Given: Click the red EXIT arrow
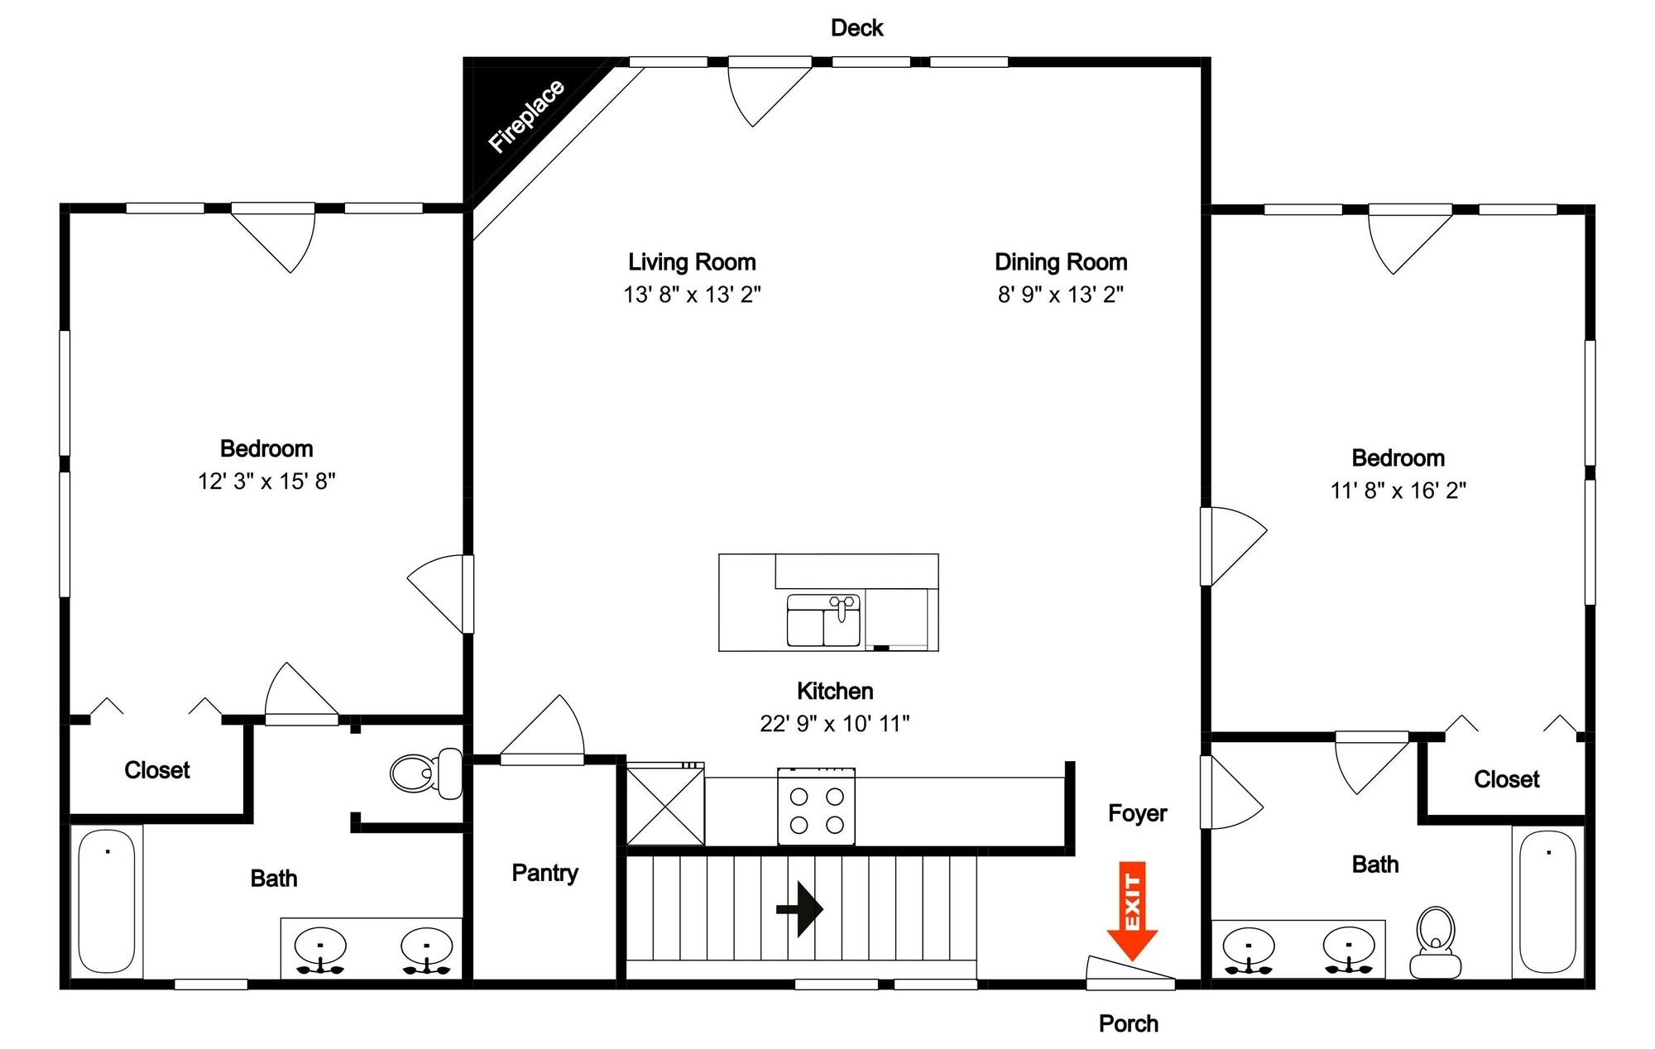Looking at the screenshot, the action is (1132, 910).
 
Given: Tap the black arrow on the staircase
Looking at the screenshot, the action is (799, 909).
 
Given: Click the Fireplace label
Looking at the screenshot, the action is (526, 117).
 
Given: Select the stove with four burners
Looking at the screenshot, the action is (816, 807).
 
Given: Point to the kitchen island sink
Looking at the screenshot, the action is (824, 620).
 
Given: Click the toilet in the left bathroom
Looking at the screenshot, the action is (426, 774).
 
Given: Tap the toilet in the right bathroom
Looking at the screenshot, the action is (1436, 942).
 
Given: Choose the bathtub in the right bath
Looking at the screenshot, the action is (1548, 901).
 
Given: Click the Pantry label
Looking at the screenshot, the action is (544, 873).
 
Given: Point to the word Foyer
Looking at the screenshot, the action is (1137, 813).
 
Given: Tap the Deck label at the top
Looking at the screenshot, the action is (857, 28).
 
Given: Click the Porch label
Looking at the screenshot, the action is (1129, 1023).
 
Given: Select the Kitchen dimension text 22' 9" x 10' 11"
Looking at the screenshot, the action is (834, 724).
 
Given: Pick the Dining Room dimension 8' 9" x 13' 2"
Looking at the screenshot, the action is (1061, 295).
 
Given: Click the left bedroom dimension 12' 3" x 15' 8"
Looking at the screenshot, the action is (266, 481).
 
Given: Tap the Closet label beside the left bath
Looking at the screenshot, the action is (157, 770).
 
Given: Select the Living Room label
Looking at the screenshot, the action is (692, 262).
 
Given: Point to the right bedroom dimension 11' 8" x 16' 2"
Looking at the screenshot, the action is (1398, 491).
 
